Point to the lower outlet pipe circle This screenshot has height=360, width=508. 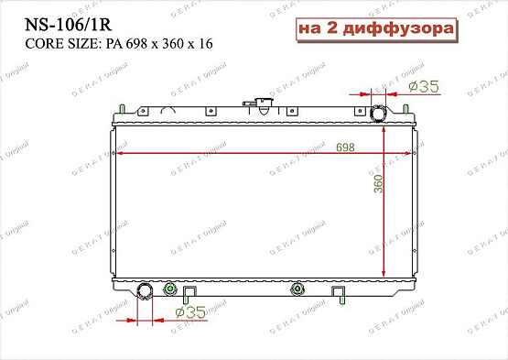pos(145,292)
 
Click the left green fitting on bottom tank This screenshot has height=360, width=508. pos(168,291)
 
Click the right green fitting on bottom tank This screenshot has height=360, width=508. pos(295,291)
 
